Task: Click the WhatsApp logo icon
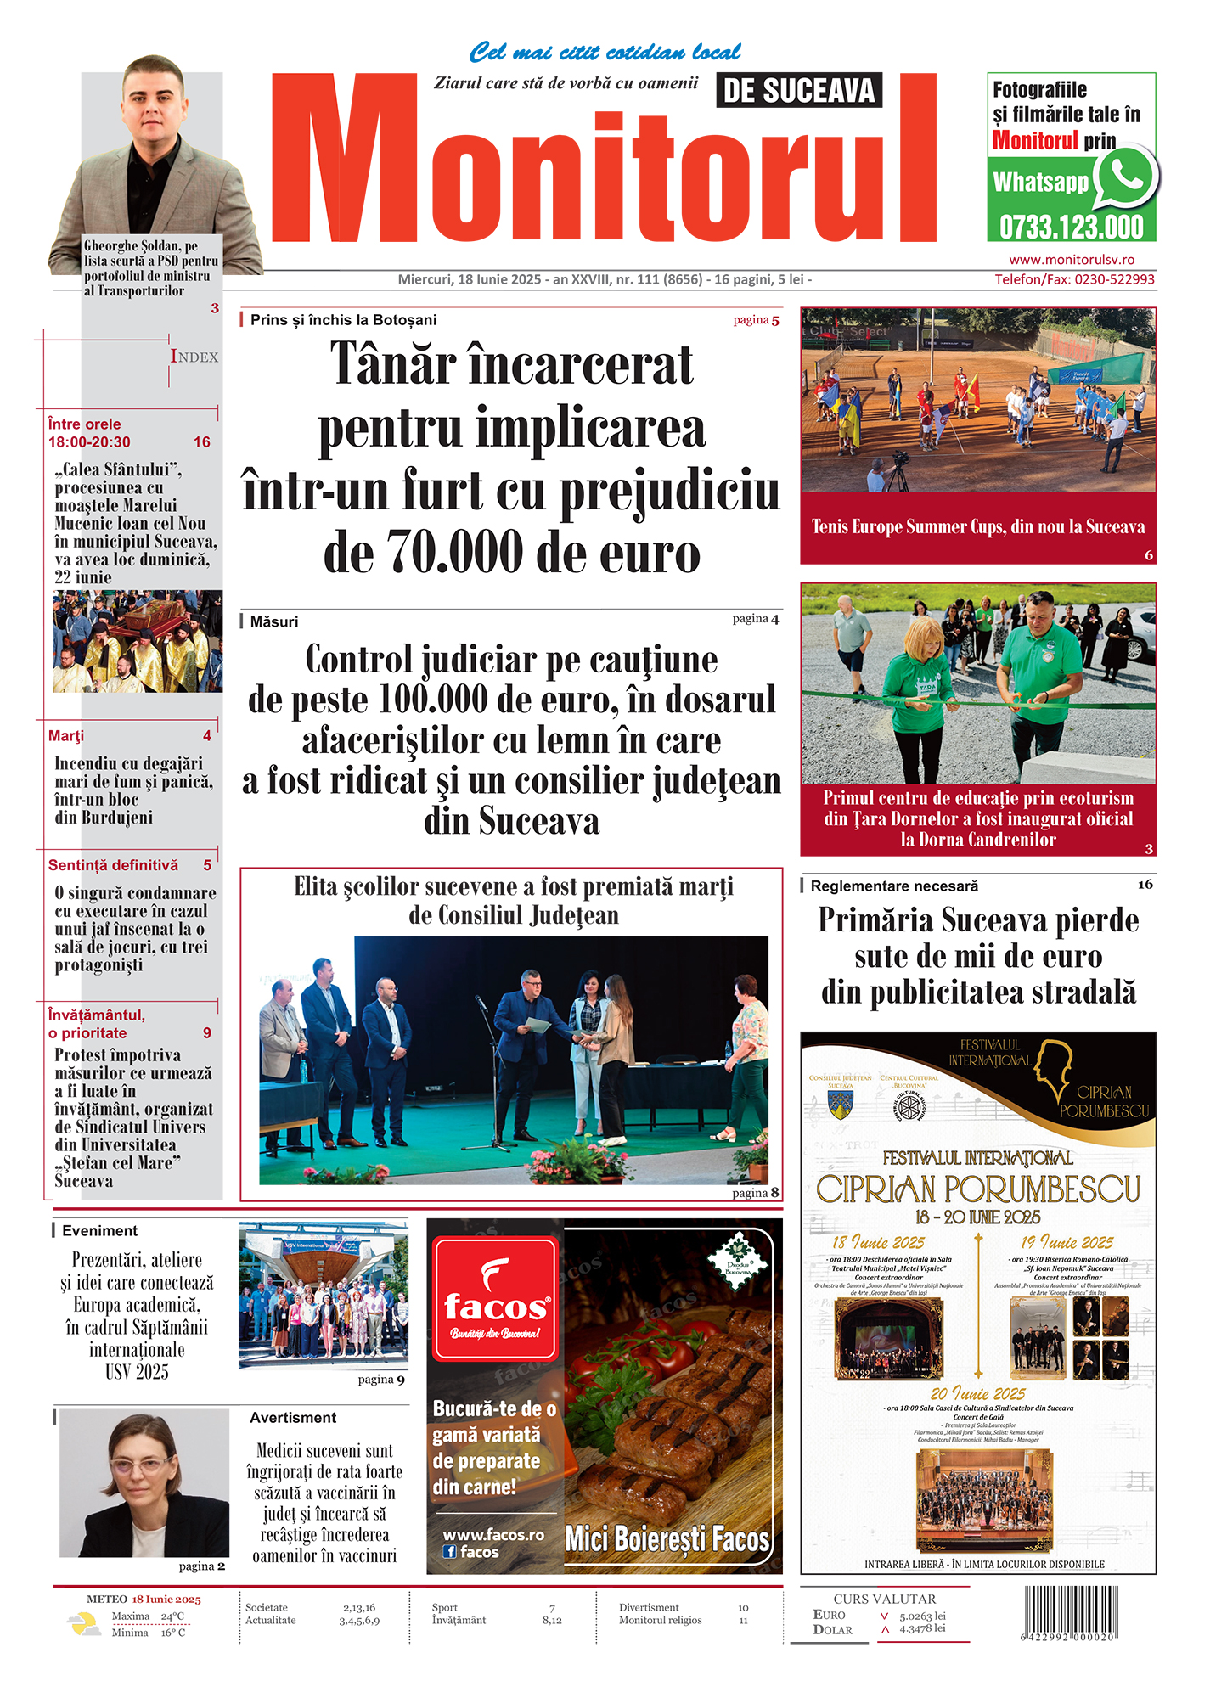click(1126, 177)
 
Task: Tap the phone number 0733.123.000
click(1072, 228)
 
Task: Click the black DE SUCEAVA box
click(798, 91)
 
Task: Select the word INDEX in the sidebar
click(194, 357)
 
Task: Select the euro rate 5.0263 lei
click(922, 1616)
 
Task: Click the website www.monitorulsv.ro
click(1072, 260)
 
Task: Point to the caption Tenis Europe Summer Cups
click(977, 526)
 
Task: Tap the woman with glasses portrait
click(144, 1482)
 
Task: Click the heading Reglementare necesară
click(894, 886)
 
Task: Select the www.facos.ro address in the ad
click(493, 1535)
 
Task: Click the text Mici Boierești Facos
click(667, 1539)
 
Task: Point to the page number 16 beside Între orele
click(202, 442)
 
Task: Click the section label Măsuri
click(274, 622)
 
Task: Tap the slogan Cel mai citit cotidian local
click(605, 53)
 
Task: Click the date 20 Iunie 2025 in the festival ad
click(977, 1394)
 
